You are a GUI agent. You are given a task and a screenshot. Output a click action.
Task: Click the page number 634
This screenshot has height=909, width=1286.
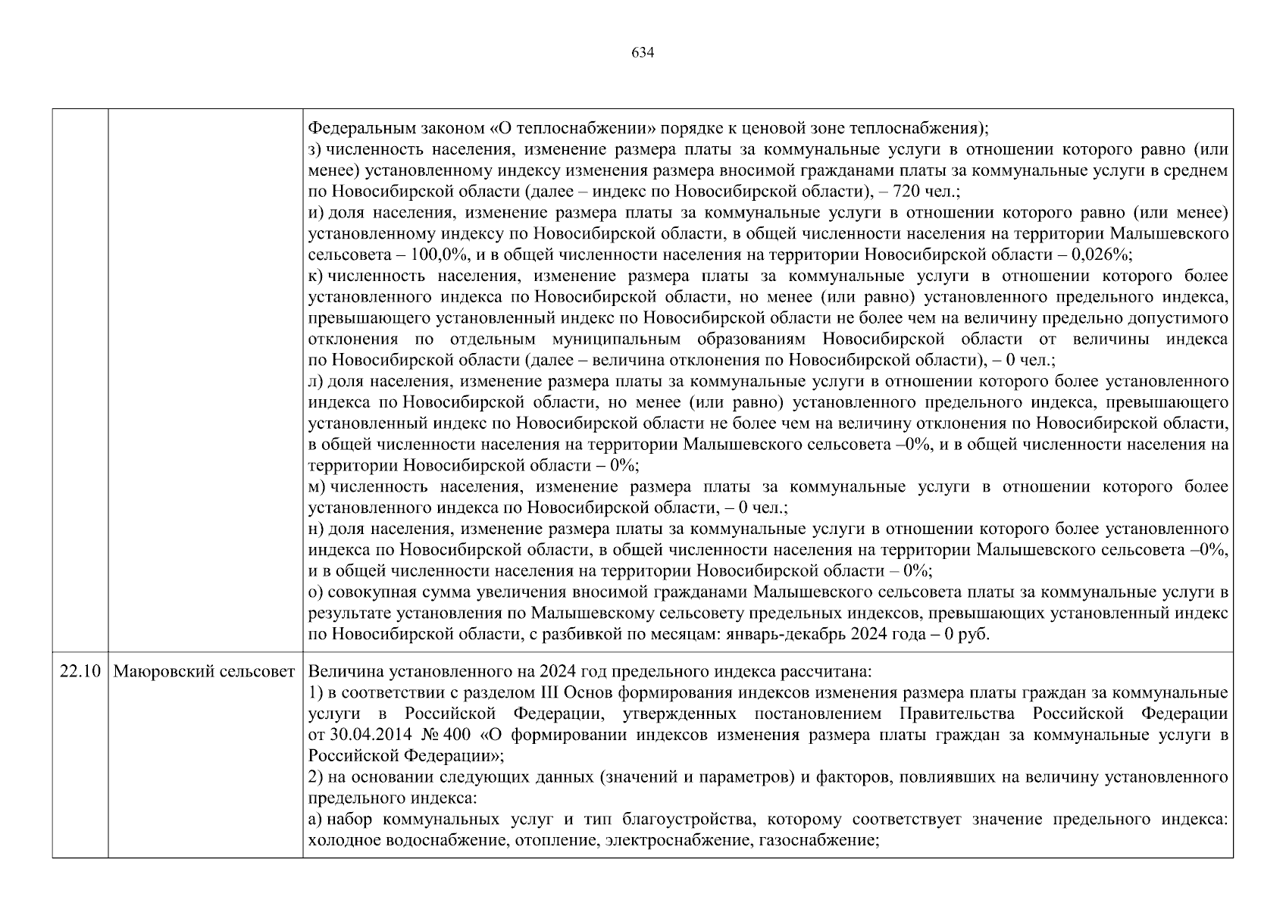642,52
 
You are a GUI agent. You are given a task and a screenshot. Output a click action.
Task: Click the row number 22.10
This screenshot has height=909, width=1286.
80,671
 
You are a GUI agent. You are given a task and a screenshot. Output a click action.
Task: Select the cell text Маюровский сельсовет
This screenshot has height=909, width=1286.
204,671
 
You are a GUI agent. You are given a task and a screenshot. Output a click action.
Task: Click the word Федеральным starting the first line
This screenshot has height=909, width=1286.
353,128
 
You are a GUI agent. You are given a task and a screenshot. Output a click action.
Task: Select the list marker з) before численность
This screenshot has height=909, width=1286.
315,149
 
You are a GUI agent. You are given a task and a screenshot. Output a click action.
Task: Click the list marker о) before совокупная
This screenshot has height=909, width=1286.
316,592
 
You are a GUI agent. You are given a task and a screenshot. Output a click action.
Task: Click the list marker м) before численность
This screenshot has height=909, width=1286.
317,486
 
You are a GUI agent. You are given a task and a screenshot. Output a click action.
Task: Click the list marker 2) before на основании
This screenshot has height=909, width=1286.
316,777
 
